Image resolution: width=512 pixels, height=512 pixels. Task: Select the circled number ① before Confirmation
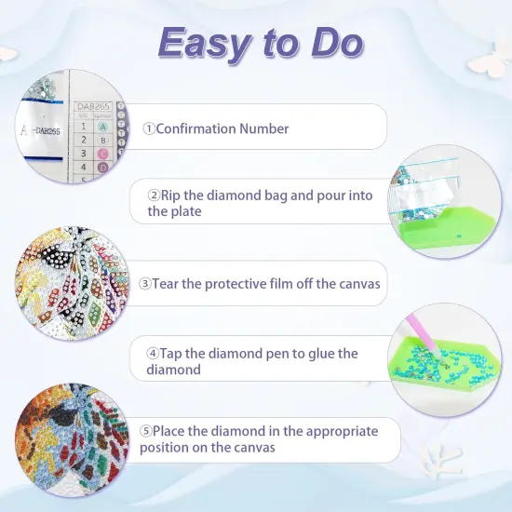coord(149,128)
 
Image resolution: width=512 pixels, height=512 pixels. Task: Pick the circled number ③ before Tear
coord(146,283)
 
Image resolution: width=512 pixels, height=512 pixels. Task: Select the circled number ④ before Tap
coord(153,354)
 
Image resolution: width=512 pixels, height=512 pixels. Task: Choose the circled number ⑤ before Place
coord(146,431)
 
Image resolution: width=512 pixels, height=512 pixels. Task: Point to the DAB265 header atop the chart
coord(91,107)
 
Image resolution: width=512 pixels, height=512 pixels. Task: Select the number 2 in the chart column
coord(84,140)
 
